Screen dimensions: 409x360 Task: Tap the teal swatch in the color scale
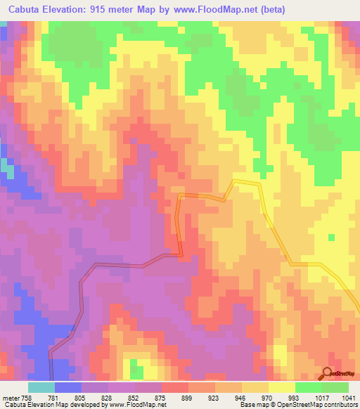click(x=41, y=387)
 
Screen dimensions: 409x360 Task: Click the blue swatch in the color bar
click(x=67, y=387)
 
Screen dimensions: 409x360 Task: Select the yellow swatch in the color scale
click(x=282, y=387)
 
